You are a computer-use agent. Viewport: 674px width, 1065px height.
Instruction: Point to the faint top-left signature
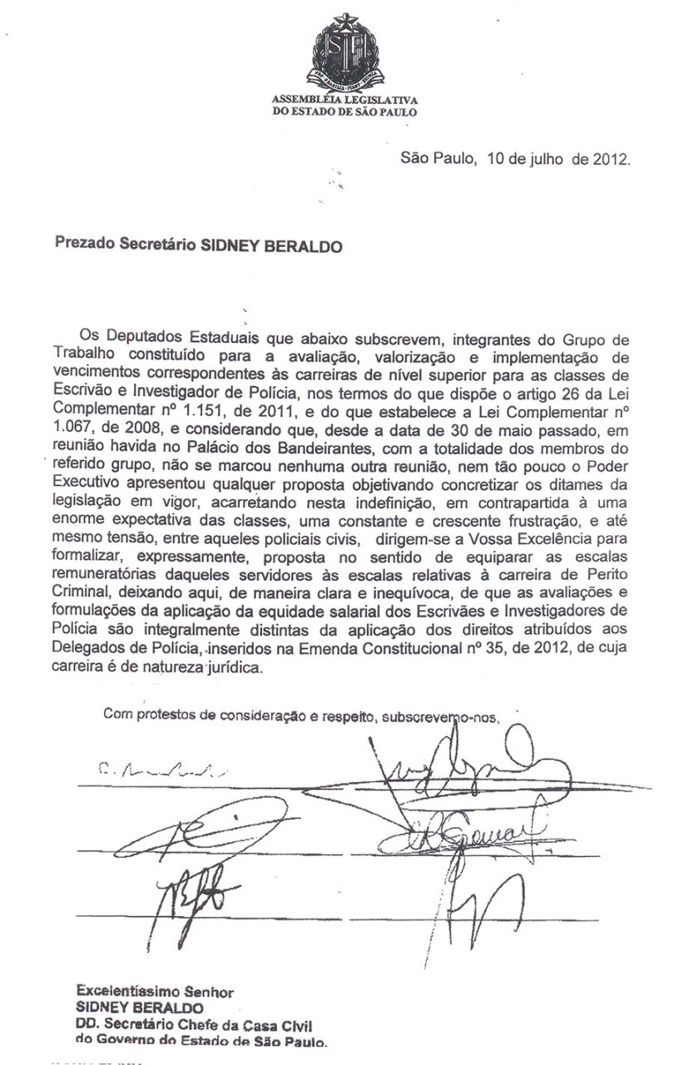point(154,769)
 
